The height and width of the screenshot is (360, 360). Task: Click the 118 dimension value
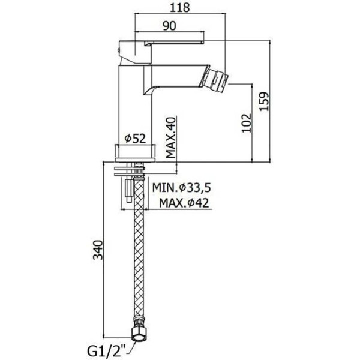coord(180,8)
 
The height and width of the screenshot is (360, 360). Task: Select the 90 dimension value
coord(169,26)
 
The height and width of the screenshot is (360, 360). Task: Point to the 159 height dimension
coord(264,101)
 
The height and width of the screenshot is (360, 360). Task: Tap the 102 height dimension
coord(246,123)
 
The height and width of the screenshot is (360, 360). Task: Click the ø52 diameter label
coord(135,139)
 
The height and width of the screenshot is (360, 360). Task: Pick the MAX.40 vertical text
coord(170,137)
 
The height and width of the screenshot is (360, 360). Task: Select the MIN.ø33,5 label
coord(182,188)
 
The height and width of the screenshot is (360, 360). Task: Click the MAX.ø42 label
coord(184,203)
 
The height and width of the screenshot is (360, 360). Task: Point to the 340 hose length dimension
coord(98,250)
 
